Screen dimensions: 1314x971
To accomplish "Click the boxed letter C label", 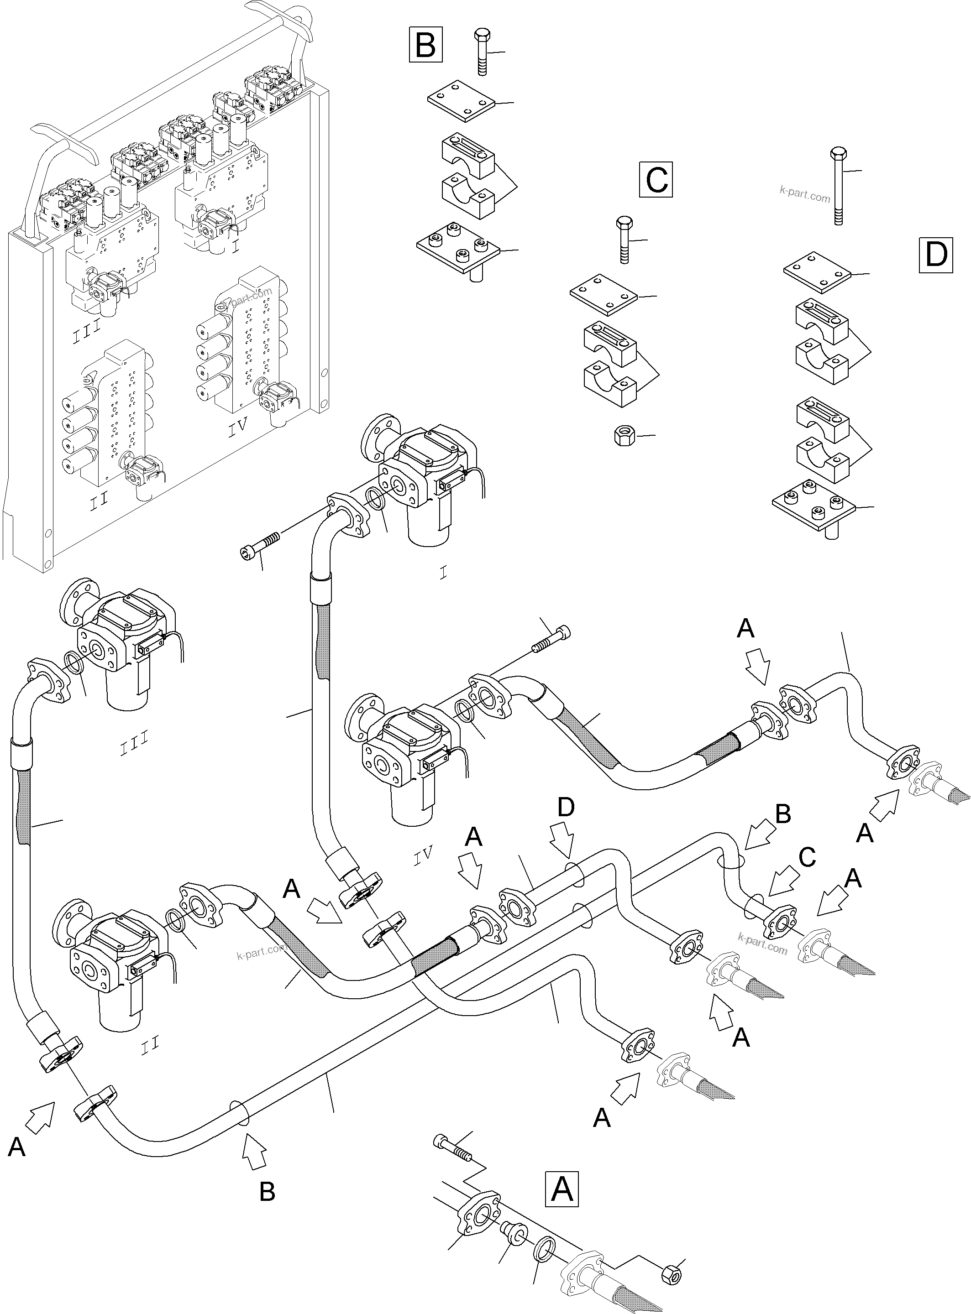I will click(656, 180).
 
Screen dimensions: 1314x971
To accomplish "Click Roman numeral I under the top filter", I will click(443, 573).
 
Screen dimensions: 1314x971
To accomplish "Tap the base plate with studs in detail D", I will click(814, 503).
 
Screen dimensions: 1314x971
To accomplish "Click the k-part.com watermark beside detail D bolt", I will click(805, 194).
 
